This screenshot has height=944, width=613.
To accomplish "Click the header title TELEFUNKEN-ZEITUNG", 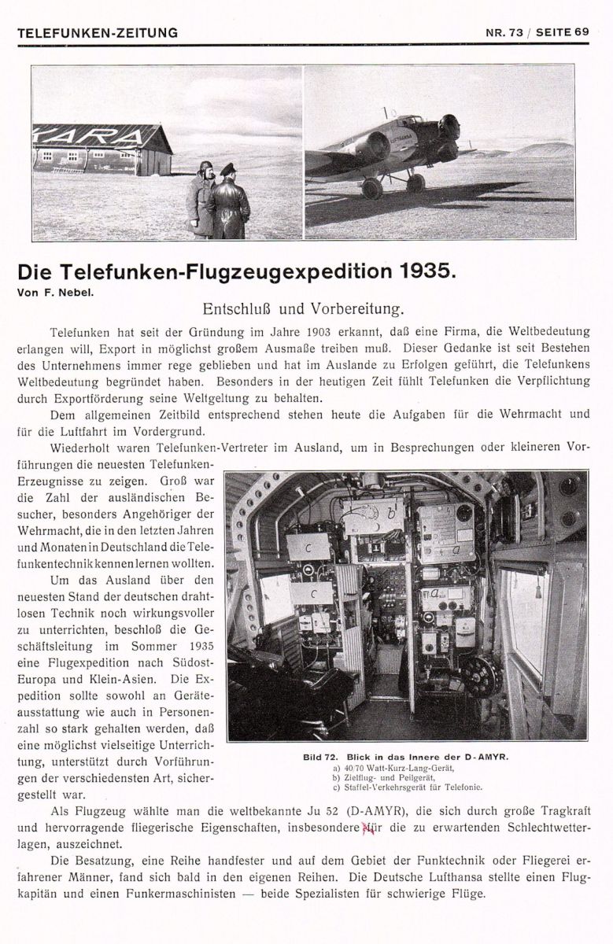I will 98,32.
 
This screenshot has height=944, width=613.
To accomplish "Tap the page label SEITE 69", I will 560,32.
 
